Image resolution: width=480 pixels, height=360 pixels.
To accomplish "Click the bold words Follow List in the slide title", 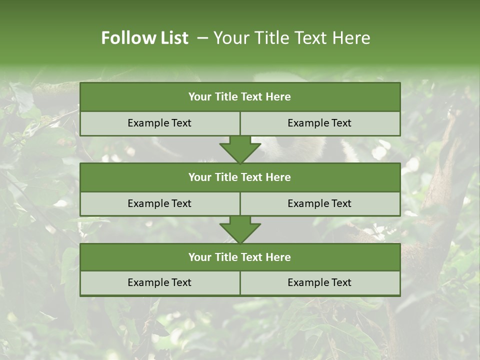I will click(x=144, y=38).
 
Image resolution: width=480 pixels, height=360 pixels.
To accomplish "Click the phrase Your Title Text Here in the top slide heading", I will click(x=291, y=38).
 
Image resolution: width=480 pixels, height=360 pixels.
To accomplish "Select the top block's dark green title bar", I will click(x=240, y=97).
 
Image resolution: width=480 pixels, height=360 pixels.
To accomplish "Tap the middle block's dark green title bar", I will click(x=240, y=177).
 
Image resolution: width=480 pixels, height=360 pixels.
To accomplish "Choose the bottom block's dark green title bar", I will click(x=240, y=257).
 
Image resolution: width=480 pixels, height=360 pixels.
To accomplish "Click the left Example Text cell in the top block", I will click(x=159, y=123).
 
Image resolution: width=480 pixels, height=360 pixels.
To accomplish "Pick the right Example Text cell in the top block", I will click(x=319, y=123).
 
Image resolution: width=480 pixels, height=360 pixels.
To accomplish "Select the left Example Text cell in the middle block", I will click(x=159, y=203).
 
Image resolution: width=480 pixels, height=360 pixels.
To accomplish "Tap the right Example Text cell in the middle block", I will click(x=319, y=203).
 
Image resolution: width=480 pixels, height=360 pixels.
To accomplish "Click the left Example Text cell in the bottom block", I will click(x=159, y=282).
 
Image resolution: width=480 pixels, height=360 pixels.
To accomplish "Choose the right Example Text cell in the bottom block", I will click(x=319, y=282).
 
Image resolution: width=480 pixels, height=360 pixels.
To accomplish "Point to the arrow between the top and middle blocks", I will click(x=240, y=149).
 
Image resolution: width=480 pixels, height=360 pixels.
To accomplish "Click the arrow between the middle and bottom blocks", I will click(x=240, y=229).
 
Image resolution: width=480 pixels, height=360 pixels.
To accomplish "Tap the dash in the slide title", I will click(x=202, y=38).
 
